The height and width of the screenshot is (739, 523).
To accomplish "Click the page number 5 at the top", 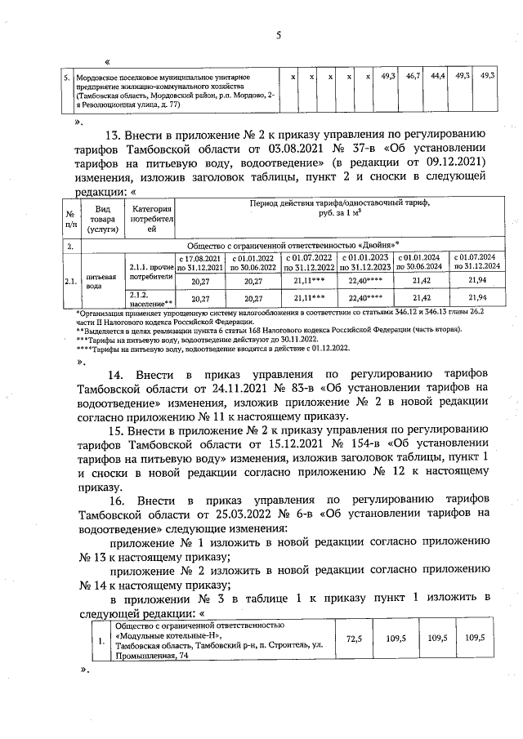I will [278, 35].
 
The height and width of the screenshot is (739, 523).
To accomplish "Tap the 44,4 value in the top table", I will [438, 76].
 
